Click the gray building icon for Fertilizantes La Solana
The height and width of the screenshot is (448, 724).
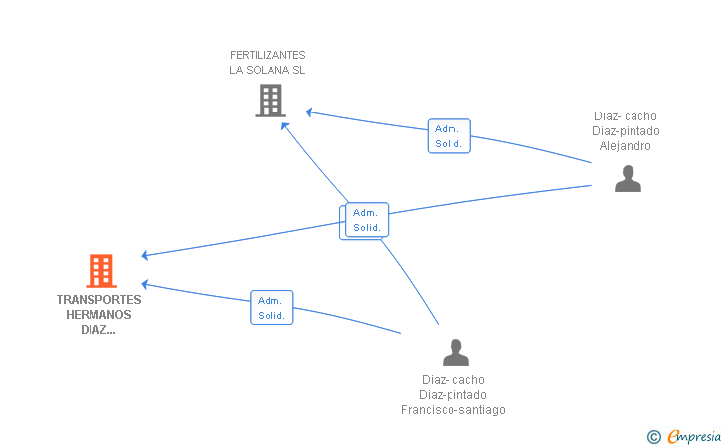coord(271,101)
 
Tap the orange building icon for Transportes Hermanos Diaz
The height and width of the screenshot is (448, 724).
coord(101,271)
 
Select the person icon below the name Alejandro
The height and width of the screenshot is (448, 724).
coord(628,178)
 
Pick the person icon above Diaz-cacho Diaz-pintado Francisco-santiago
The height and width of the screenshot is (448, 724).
coord(455,352)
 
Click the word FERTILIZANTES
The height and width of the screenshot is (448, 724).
coord(268,55)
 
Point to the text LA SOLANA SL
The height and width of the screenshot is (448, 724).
coord(268,70)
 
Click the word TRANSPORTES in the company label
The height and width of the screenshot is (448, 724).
coord(98,300)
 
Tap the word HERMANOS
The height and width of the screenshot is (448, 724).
coord(98,315)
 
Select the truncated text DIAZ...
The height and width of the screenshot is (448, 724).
coord(98,330)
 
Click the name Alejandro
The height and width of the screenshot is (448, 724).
coord(626,146)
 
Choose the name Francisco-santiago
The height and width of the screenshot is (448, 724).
coord(453,410)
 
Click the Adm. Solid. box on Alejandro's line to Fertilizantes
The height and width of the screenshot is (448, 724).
coord(450,136)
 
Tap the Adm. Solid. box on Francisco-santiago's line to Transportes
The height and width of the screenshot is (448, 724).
coord(271,308)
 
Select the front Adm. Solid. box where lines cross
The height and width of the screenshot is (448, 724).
coord(367,220)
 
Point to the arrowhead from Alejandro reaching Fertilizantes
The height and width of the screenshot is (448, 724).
coord(309,112)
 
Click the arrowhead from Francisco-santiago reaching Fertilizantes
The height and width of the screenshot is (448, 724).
coord(285,126)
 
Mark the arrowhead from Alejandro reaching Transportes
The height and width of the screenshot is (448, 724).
coord(145,255)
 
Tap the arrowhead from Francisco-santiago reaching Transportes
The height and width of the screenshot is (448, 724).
coord(145,284)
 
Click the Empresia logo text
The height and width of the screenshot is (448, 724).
coord(694,436)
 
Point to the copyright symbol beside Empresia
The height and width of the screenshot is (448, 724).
coord(654,437)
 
